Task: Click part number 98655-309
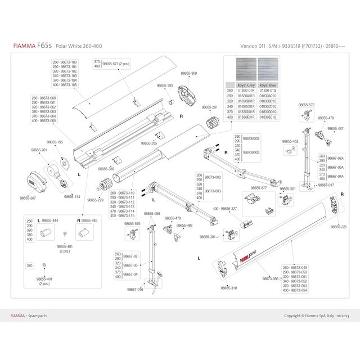(188, 74)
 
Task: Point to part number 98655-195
(55, 142)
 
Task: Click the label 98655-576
(306, 105)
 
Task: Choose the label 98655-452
(290, 141)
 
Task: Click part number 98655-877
(258, 187)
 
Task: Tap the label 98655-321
(339, 227)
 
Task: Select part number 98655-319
(229, 287)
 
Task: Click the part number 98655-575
(132, 224)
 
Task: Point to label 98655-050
(152, 214)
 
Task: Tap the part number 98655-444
(51, 221)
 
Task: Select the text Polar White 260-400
(79, 46)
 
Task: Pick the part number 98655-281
(209, 107)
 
